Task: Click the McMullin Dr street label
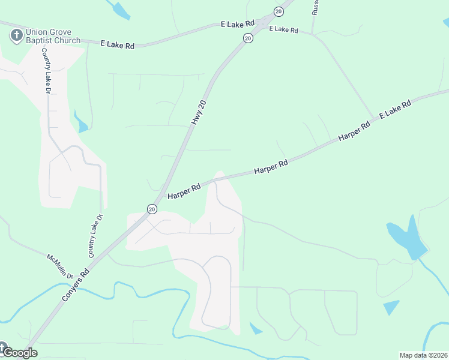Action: point(59,266)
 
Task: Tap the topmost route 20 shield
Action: point(279,11)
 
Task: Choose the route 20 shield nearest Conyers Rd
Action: point(152,209)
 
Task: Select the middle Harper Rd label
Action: point(271,166)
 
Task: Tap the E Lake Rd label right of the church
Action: point(117,44)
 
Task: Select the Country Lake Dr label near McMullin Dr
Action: point(96,236)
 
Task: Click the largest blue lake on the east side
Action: point(408,239)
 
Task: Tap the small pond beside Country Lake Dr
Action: point(81,123)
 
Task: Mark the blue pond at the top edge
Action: point(121,9)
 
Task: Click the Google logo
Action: point(19,352)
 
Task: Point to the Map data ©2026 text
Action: point(423,355)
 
